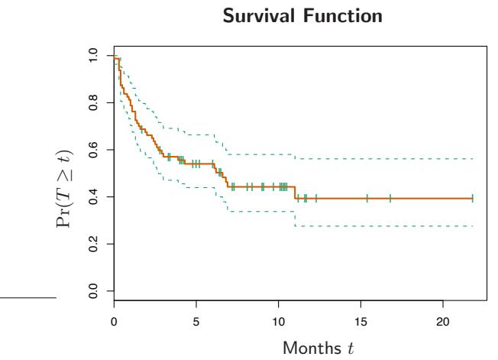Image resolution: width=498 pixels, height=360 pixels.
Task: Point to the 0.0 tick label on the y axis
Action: (93, 290)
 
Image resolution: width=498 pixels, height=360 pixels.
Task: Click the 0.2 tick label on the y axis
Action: (93, 244)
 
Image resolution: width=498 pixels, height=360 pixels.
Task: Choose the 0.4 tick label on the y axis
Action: (93, 196)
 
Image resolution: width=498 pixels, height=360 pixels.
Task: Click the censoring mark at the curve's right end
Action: (472, 198)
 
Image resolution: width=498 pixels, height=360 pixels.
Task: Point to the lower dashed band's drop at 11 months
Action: (295, 219)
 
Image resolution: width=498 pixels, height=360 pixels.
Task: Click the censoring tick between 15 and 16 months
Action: (367, 198)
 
